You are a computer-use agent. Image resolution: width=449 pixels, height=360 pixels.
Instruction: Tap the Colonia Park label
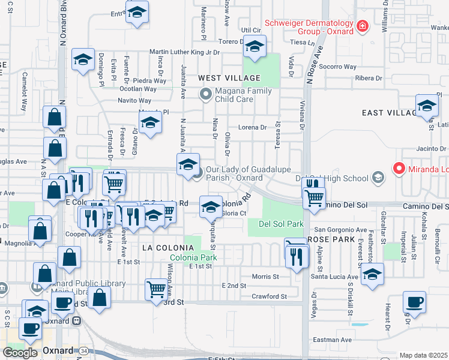(193, 258)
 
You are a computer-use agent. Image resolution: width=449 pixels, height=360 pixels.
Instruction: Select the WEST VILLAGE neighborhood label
(229, 78)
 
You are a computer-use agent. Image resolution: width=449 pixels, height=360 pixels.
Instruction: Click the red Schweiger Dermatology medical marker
(363, 26)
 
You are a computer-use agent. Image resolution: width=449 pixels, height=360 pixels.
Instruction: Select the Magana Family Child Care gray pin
(206, 94)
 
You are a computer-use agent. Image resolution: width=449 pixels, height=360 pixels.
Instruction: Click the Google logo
(20, 352)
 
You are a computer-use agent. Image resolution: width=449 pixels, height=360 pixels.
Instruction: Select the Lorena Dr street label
(252, 127)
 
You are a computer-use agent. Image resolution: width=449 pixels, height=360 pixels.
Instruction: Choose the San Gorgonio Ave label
(341, 230)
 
